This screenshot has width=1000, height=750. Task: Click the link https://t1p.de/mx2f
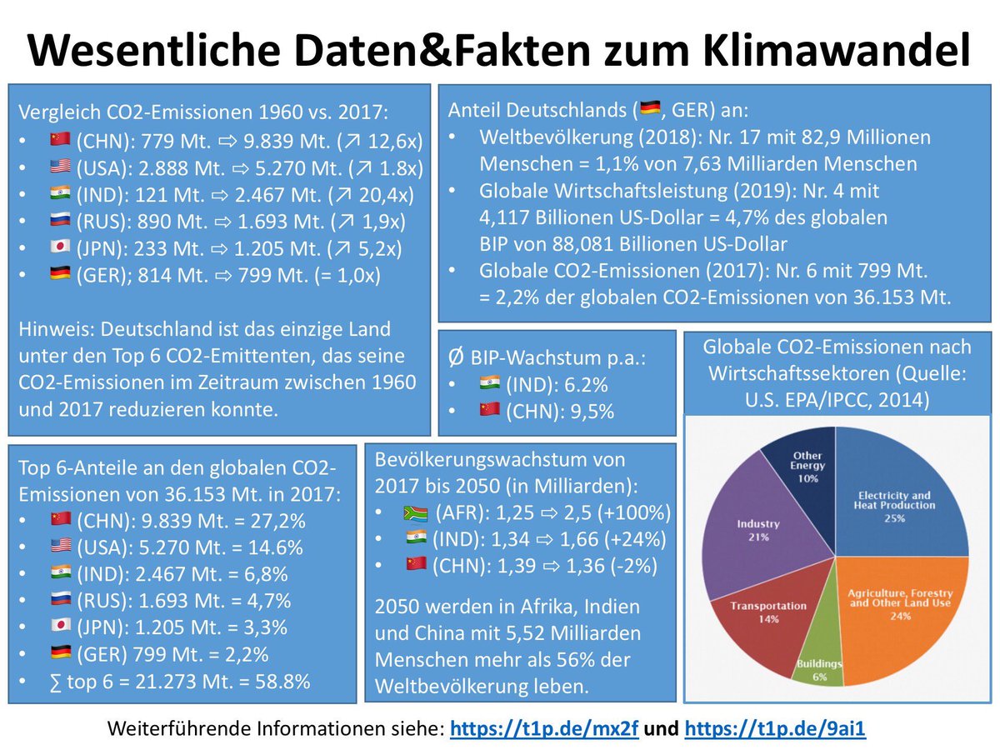click(x=544, y=727)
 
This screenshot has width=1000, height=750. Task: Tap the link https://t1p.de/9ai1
click(x=775, y=727)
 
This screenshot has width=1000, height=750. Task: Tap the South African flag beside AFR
click(x=414, y=512)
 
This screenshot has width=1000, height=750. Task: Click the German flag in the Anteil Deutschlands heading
click(x=649, y=108)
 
